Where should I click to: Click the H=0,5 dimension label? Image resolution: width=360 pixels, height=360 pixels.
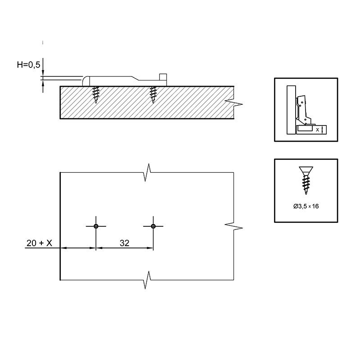28,65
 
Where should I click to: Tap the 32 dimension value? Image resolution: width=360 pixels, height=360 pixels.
125,243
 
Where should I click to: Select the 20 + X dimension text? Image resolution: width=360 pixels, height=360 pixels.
39,243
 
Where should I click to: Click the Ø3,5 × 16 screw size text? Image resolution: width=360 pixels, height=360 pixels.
306,206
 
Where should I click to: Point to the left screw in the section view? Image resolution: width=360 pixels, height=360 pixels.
96,95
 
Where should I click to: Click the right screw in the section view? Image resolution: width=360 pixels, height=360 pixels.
153,95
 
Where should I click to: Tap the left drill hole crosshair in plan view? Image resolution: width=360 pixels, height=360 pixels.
96,226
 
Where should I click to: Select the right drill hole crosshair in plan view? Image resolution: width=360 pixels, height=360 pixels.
153,226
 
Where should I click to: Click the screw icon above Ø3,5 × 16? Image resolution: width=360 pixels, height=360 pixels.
306,180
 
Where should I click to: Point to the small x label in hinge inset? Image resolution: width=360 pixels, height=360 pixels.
318,130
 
